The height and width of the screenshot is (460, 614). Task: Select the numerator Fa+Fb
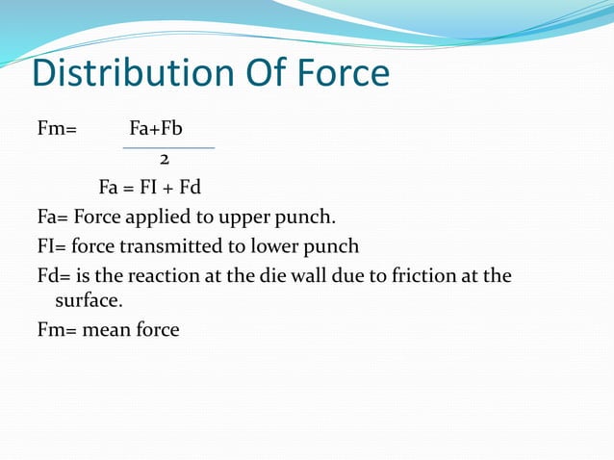click(156, 126)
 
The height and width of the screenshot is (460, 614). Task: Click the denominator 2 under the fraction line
click(165, 158)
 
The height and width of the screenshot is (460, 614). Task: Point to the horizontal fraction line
click(168, 148)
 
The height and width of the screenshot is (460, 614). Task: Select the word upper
click(239, 216)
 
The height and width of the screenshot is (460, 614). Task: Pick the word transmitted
click(174, 245)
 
